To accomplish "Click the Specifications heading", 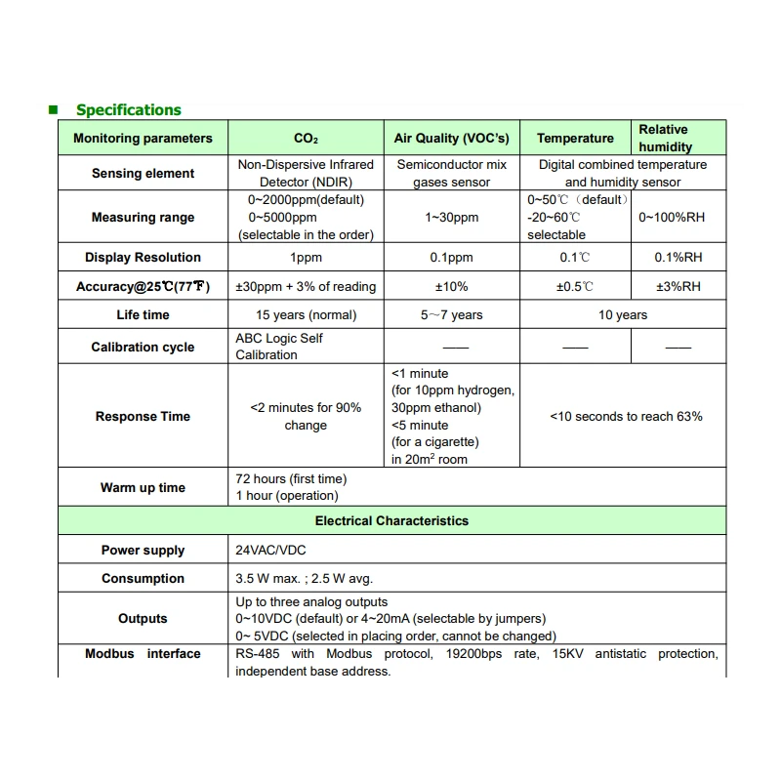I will [129, 110].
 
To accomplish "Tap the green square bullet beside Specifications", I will [54, 109].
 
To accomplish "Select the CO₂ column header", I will [306, 139].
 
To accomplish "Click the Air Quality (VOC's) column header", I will [452, 139].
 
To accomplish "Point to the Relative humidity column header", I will [666, 138].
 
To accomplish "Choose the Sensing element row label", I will [143, 174].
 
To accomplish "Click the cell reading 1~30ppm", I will [452, 218].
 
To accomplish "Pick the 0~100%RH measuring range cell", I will [672, 218].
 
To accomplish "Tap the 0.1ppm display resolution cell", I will [452, 258].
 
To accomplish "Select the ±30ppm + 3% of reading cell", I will [306, 287].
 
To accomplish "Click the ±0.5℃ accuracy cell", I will [575, 287].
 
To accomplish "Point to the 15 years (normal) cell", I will [306, 315].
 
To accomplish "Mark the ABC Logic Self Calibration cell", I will [279, 347].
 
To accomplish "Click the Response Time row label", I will [143, 417].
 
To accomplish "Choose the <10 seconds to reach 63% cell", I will [626, 417].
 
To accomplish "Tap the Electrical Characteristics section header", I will [391, 521].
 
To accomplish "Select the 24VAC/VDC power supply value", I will [271, 551].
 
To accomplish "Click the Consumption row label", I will [143, 579].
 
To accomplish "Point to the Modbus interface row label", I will [143, 654].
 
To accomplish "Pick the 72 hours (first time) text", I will [291, 479].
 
